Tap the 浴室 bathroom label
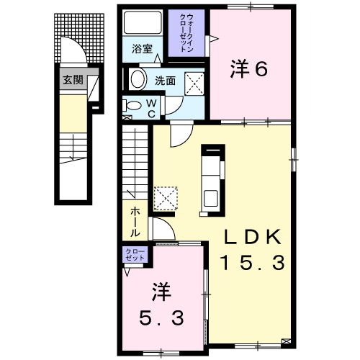(x=143, y=50)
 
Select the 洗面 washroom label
(x=165, y=81)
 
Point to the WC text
(x=152, y=107)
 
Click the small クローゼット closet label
(x=135, y=253)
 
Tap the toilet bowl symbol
(x=131, y=107)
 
